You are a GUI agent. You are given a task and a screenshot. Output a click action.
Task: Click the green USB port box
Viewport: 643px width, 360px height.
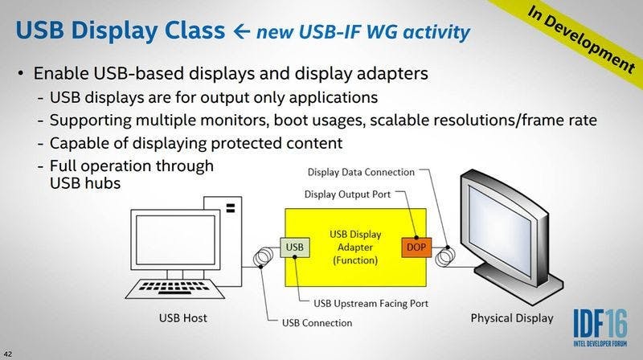point(295,247)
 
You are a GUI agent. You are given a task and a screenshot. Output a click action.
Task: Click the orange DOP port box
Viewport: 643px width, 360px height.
point(415,247)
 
